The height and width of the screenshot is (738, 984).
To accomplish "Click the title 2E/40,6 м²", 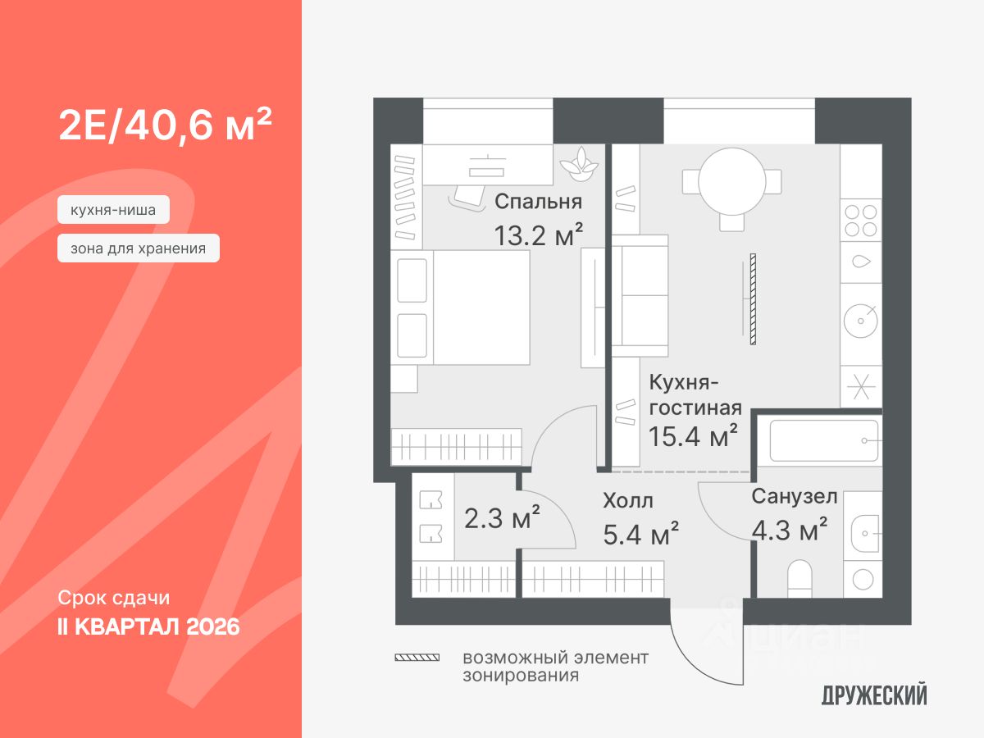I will [165, 125].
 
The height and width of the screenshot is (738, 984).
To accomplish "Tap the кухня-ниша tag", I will [113, 210].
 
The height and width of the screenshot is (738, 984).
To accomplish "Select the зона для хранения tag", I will [138, 248].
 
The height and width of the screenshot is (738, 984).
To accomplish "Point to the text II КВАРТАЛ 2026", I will [148, 627].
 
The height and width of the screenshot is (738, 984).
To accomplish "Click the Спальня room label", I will [538, 202].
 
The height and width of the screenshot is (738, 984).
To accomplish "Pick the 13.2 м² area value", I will [538, 235].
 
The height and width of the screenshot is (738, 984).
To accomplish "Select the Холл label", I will [628, 500].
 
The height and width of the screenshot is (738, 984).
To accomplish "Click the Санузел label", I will [794, 496].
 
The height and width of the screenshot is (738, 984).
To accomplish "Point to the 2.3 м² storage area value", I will [502, 518].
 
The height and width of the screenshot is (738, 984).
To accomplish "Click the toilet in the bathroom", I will [799, 579].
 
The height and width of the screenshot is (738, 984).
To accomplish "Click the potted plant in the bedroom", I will [581, 161].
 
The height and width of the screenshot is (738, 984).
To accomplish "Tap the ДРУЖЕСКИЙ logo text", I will [874, 696].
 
